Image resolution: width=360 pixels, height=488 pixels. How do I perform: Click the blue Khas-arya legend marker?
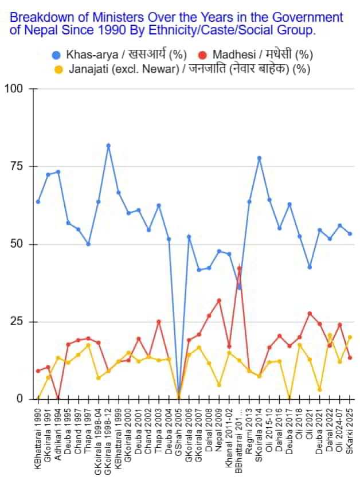pyautogui.click(x=56, y=55)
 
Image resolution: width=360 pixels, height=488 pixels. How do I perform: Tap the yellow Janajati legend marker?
pyautogui.click(x=58, y=69)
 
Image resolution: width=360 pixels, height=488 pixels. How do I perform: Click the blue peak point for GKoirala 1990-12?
pyautogui.click(x=108, y=146)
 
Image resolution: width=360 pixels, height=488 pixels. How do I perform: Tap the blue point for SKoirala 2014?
pyautogui.click(x=259, y=158)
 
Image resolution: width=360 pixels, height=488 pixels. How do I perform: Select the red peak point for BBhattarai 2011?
pyautogui.click(x=239, y=268)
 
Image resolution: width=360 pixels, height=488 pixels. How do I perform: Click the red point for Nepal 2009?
pyautogui.click(x=219, y=300)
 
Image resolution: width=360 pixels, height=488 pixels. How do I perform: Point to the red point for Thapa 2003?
pyautogui.click(x=159, y=322)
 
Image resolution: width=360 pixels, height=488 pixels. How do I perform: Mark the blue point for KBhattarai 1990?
pyautogui.click(x=38, y=202)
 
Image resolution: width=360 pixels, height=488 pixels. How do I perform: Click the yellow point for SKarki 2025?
pyautogui.click(x=350, y=337)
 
